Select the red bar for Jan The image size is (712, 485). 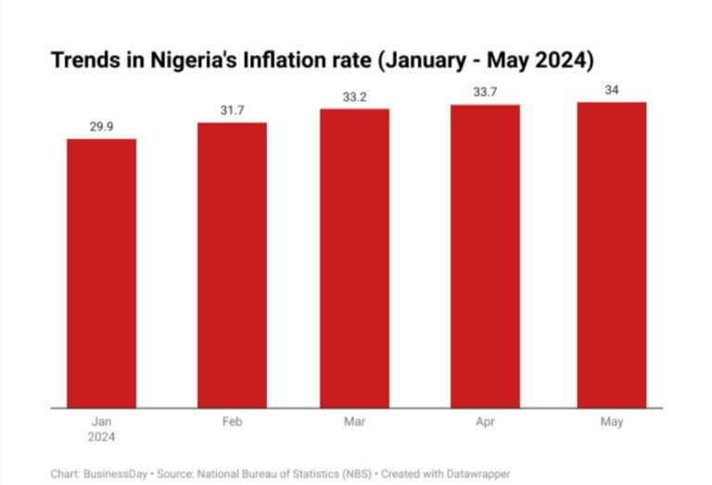[x=101, y=273]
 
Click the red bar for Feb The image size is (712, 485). [x=232, y=264]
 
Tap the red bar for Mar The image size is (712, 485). [x=355, y=258]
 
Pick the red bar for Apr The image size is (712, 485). [x=486, y=256]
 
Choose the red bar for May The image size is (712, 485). [x=611, y=254]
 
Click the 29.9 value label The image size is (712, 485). [x=101, y=126]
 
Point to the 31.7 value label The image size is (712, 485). [x=232, y=110]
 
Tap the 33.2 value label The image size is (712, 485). [x=355, y=96]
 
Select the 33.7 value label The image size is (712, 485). [x=486, y=92]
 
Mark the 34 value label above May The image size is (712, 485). [x=611, y=89]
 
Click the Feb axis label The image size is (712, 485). [x=232, y=422]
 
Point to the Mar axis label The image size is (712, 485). [x=355, y=422]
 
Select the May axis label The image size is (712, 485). [x=611, y=422]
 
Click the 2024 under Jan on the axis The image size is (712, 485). [x=101, y=436]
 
